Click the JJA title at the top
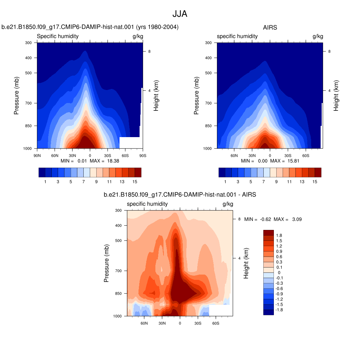coord(180,14)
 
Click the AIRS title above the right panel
coord(270,27)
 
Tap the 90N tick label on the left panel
coord(37,156)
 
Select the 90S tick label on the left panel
coord(143,156)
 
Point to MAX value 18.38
coord(113,161)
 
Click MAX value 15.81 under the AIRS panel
coord(294,161)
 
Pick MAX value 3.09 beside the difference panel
coord(297,219)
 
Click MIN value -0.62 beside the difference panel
coord(265,219)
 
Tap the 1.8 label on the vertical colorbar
coord(279,235)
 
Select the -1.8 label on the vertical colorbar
coord(279,310)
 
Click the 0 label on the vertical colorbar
coord(279,272)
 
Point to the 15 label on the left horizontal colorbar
coord(135,182)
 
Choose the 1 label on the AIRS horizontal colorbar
coord(225,182)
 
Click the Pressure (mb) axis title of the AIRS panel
coord(196,96)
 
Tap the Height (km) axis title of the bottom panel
coord(246,263)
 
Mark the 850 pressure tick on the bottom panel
coord(118,294)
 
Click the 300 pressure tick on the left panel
coord(28,43)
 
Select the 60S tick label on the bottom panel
coord(216,323)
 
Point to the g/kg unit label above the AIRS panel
coord(318,36)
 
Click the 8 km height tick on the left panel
coord(149,51)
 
